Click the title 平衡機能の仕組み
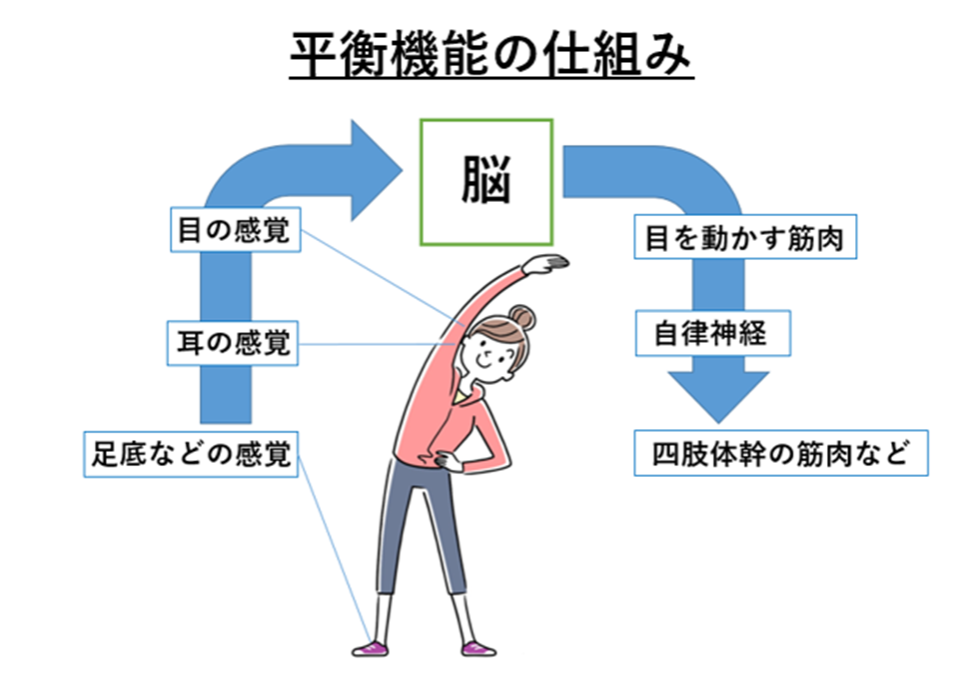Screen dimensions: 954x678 tap(491, 55)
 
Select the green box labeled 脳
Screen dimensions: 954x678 tap(486, 183)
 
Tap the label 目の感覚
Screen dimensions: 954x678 tap(236, 230)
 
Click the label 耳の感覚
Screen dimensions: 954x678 tap(233, 343)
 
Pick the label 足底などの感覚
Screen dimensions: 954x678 tap(191, 454)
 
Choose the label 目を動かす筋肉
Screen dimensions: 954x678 tap(745, 237)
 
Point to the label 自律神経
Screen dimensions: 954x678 tap(713, 333)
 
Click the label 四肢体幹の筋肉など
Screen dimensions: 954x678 tap(781, 453)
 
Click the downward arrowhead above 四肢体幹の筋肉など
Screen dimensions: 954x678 tap(718, 396)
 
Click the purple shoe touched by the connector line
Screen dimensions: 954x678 tap(371, 648)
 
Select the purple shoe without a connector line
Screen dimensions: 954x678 tap(478, 648)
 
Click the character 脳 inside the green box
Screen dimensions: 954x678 tap(486, 180)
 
